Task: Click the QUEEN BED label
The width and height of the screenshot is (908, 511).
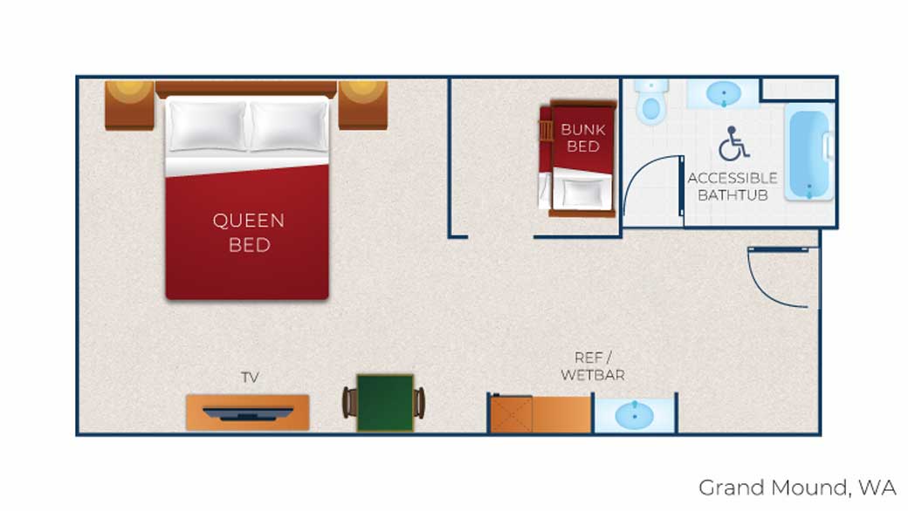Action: [x=249, y=232]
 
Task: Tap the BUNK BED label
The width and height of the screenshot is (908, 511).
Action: [x=583, y=138]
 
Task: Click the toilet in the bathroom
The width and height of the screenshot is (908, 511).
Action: [x=651, y=102]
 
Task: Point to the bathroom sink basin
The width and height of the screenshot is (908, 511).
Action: [x=724, y=93]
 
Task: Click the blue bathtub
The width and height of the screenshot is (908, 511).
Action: [x=809, y=152]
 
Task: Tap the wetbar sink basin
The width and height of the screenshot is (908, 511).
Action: [x=635, y=415]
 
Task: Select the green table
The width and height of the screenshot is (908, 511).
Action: [x=385, y=403]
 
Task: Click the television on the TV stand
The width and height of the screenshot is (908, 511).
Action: [x=248, y=412]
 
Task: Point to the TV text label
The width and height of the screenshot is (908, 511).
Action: [x=250, y=378]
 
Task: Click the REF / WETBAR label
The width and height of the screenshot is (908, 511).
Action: [x=593, y=366]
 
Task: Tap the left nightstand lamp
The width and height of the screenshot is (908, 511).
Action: [x=129, y=88]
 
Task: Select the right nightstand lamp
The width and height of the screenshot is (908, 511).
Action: [x=363, y=88]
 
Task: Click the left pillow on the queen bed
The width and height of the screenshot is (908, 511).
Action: [x=207, y=126]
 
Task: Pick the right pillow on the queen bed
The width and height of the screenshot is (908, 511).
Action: [x=289, y=126]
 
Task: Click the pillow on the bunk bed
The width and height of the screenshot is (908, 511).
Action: [x=583, y=191]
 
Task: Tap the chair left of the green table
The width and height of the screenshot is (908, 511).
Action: [x=348, y=403]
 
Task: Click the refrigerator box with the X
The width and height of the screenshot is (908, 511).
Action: [x=512, y=414]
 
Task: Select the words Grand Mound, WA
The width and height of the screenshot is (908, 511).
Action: [x=797, y=487]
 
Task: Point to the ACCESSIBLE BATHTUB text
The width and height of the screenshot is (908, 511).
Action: [x=733, y=187]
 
